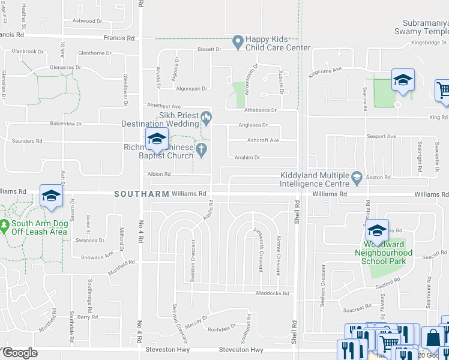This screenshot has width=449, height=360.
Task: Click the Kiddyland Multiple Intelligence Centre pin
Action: [357, 176]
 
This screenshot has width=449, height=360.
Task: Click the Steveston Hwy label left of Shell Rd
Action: [241, 350]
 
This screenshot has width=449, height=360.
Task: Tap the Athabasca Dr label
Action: [260, 110]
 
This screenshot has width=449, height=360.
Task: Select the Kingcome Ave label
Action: [324, 70]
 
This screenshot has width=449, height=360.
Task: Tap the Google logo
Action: [20, 353]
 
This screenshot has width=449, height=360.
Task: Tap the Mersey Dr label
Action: [197, 319]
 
